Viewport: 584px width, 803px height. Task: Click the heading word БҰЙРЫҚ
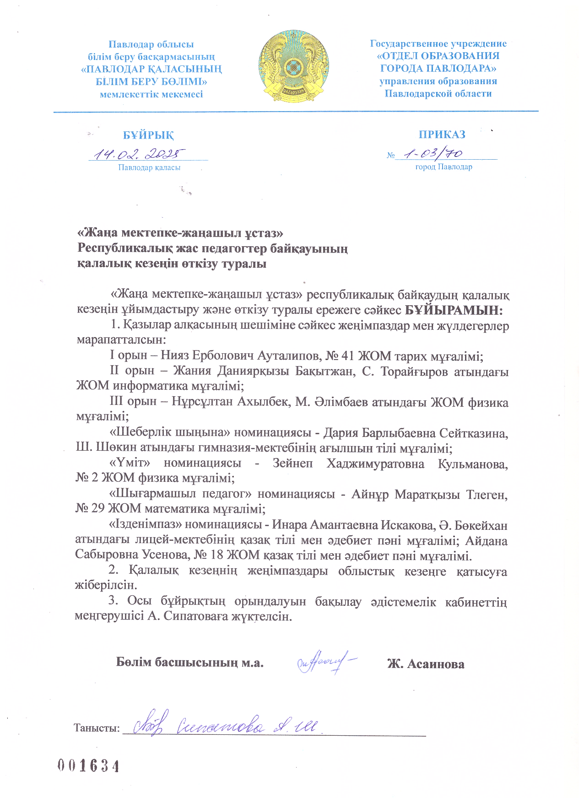[148, 135]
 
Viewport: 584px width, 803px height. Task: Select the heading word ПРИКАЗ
[442, 135]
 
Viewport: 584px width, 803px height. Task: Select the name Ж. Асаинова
[426, 664]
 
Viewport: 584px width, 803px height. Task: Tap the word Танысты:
[97, 728]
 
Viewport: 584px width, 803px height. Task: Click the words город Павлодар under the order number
[443, 167]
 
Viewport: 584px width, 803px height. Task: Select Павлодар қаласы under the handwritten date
[149, 167]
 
